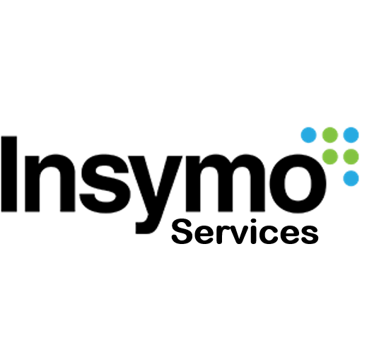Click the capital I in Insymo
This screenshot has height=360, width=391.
[x=9, y=174]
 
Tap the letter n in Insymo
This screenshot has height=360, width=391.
[x=50, y=183]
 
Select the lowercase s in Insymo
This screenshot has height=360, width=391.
[x=105, y=184]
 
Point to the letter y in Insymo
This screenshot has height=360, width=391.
[x=155, y=194]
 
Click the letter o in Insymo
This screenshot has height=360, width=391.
[x=298, y=184]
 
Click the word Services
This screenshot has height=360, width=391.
[x=245, y=231]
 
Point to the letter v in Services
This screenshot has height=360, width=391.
[x=241, y=235]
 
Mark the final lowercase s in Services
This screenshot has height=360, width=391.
[x=310, y=235]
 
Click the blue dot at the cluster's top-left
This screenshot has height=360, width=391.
[x=309, y=135]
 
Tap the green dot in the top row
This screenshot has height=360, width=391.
[x=330, y=135]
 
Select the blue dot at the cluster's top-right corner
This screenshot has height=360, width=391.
[x=351, y=135]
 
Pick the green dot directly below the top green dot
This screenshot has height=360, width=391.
[x=330, y=157]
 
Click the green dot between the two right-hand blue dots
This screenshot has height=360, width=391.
[x=351, y=157]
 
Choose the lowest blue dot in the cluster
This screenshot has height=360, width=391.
[x=351, y=178]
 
